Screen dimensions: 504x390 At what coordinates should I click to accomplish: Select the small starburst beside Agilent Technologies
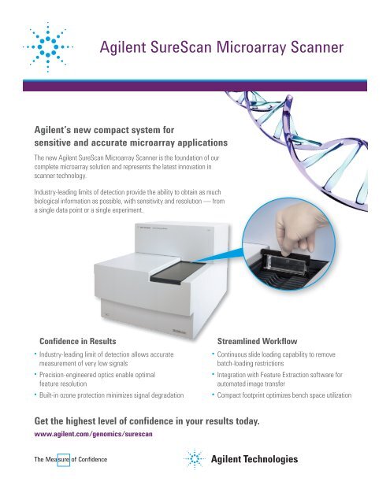tap(195, 460)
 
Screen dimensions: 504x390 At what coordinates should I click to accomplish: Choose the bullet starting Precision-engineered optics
tap(102, 378)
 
